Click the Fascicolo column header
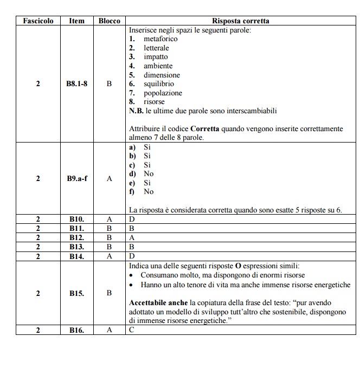tap(38, 21)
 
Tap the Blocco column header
tap(109, 21)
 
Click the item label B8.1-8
tap(76, 84)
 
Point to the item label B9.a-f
tap(76, 178)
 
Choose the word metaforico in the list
tap(160, 39)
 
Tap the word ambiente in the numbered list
tap(158, 66)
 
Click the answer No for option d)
tap(149, 174)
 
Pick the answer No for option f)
tap(149, 192)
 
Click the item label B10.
tap(76, 219)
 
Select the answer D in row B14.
tap(132, 256)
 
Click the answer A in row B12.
tap(132, 237)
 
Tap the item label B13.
tap(76, 247)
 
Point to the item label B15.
tap(76, 293)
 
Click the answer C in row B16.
tap(132, 330)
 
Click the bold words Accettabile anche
tap(158, 302)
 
